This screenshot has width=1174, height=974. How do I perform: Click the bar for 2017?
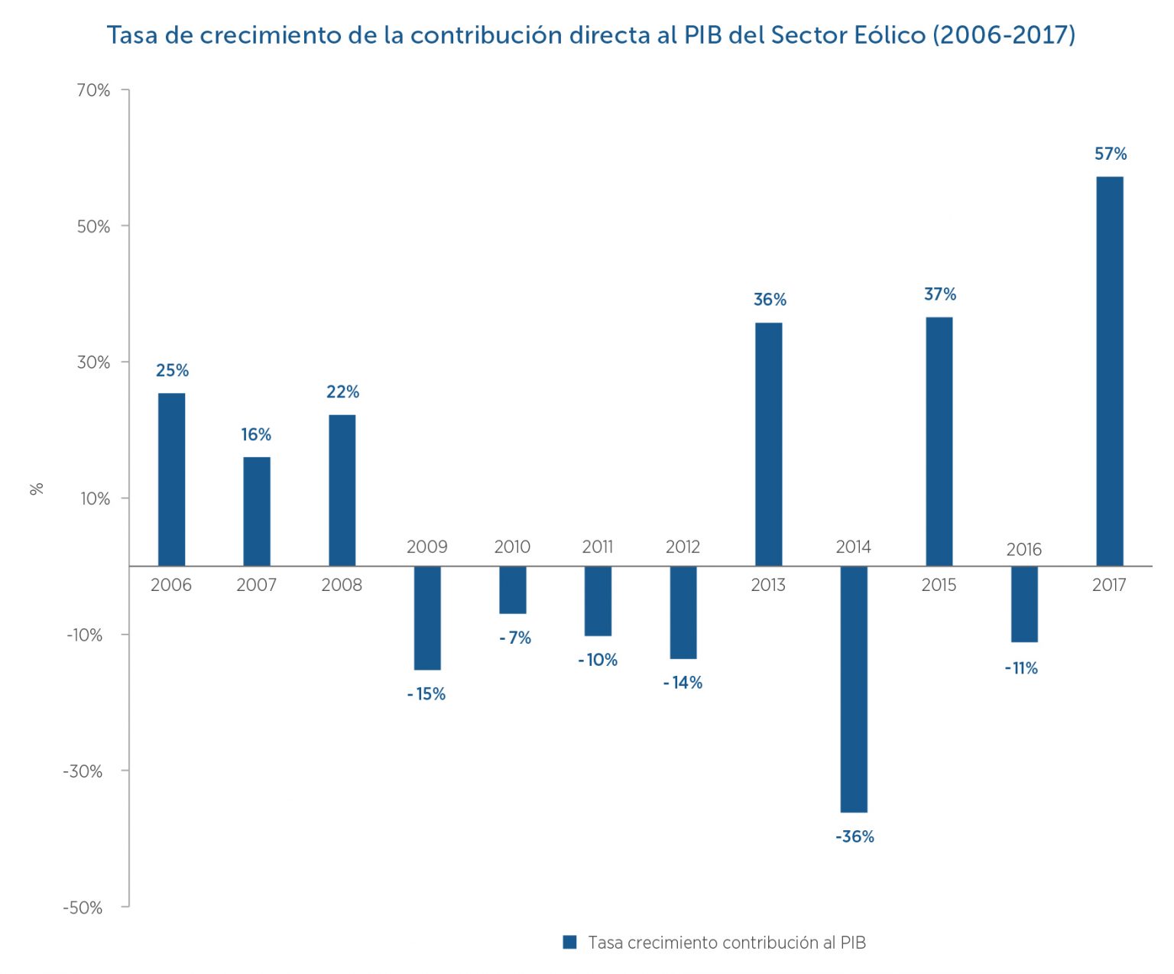click(x=1110, y=371)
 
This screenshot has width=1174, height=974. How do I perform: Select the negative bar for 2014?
click(x=854, y=689)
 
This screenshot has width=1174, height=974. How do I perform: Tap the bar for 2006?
click(x=171, y=479)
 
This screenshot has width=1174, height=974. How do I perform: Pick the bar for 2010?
click(x=513, y=589)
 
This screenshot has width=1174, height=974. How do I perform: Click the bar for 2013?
click(x=769, y=444)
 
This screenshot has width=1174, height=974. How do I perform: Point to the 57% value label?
click(x=1111, y=154)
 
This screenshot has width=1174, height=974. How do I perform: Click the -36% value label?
click(x=855, y=836)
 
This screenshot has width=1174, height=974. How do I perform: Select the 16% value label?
click(x=256, y=435)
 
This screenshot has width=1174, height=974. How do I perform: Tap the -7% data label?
click(x=515, y=638)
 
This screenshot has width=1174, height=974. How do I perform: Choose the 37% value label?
click(x=940, y=294)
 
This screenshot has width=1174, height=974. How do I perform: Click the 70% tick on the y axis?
click(x=93, y=90)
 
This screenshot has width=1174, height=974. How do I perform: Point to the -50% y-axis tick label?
click(x=83, y=907)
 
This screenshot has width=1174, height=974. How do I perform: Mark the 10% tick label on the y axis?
click(x=95, y=498)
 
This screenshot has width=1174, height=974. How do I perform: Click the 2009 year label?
click(x=426, y=547)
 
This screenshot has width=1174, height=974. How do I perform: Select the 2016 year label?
click(x=1023, y=550)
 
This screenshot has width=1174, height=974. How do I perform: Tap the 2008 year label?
click(x=342, y=585)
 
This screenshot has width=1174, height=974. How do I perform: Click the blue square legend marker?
click(x=569, y=942)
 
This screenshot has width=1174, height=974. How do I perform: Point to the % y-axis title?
click(x=37, y=489)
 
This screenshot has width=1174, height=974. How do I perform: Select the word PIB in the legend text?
click(x=853, y=943)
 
